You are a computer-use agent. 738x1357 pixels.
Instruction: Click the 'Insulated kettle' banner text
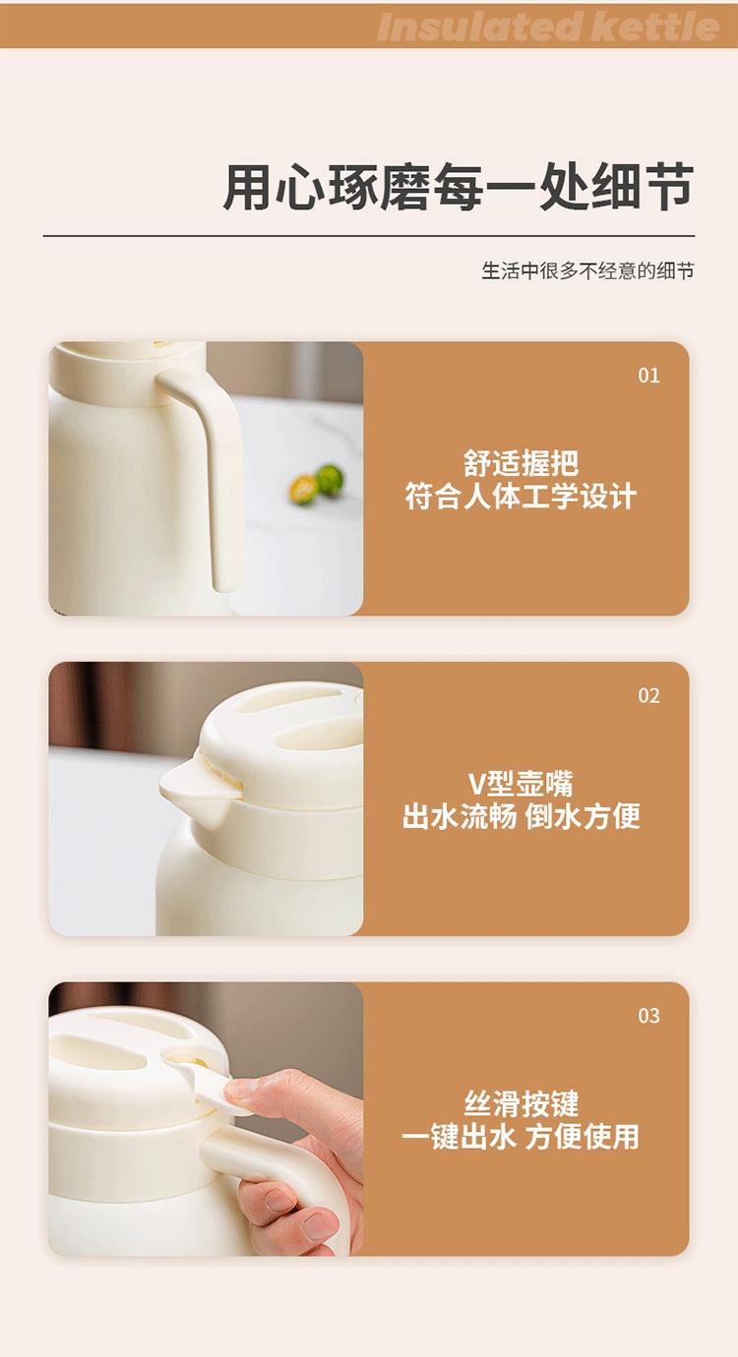pyautogui.click(x=548, y=28)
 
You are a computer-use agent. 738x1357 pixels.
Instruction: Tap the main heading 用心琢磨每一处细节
pyautogui.click(x=459, y=187)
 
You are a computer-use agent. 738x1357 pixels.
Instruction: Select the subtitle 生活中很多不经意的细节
pyautogui.click(x=587, y=270)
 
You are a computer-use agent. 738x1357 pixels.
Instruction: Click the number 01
pyautogui.click(x=648, y=376)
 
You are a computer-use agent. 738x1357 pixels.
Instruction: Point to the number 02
pyautogui.click(x=648, y=695)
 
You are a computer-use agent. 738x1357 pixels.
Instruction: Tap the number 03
pyautogui.click(x=648, y=1016)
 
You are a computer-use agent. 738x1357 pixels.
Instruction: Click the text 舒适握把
pyautogui.click(x=521, y=463)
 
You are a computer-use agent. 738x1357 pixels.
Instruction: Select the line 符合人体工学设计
pyautogui.click(x=521, y=497)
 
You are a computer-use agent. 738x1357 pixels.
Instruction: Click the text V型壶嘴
pyautogui.click(x=521, y=784)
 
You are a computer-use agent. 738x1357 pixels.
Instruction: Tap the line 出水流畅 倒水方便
pyautogui.click(x=521, y=816)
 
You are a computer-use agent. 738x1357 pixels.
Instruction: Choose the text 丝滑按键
pyautogui.click(x=521, y=1103)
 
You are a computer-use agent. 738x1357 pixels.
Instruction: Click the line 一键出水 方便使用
pyautogui.click(x=521, y=1137)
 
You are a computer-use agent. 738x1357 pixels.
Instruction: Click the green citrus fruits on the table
pyautogui.click(x=317, y=484)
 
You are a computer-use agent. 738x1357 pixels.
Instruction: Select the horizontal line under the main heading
pyautogui.click(x=369, y=236)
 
